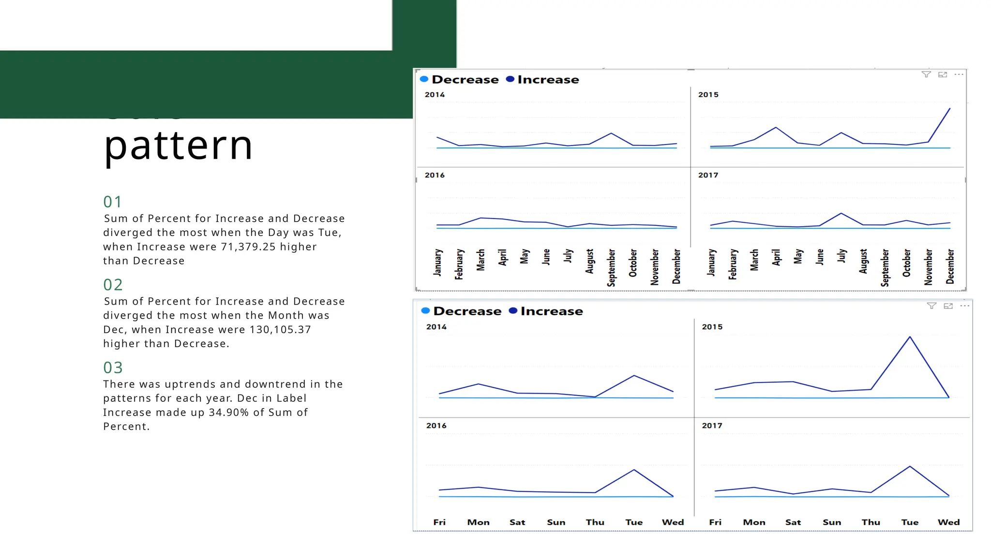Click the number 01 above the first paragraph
[x=112, y=202]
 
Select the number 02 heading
[x=113, y=285]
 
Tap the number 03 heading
[x=113, y=367]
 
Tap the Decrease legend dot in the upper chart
[x=424, y=79]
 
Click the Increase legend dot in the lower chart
[x=513, y=311]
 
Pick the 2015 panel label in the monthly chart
[x=708, y=95]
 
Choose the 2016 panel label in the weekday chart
[x=436, y=425]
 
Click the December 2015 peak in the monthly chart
[x=949, y=109]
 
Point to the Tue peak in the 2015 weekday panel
[x=910, y=337]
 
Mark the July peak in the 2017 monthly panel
[x=841, y=213]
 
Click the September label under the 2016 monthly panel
[x=611, y=267]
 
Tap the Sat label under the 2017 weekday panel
[x=793, y=522]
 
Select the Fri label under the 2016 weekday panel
[x=439, y=522]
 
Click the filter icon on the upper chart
[x=926, y=74]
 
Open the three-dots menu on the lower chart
[x=964, y=306]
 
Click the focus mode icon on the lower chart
[x=948, y=306]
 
